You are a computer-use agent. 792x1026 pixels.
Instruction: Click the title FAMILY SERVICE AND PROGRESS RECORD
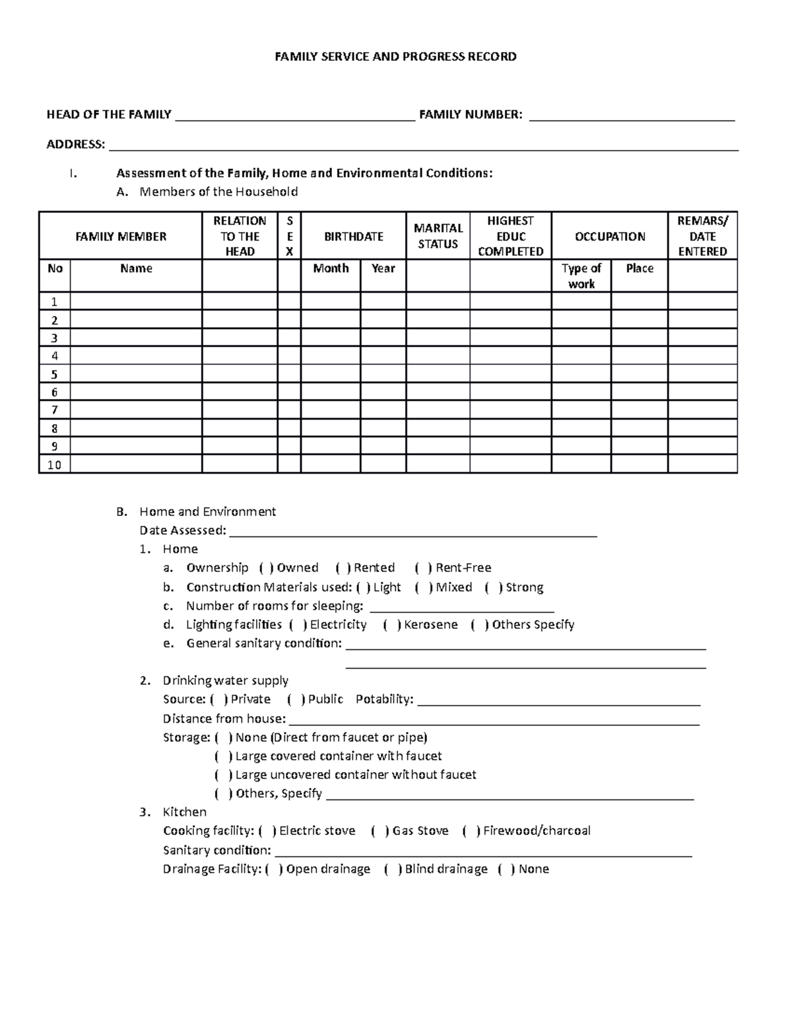pyautogui.click(x=395, y=57)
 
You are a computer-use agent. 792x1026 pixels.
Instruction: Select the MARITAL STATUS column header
pyautogui.click(x=438, y=236)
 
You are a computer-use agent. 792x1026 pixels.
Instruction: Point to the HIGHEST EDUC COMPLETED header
pyautogui.click(x=510, y=236)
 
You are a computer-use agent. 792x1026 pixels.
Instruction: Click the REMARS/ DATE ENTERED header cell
pyautogui.click(x=702, y=236)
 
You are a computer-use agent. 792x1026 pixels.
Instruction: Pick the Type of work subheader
pyautogui.click(x=581, y=275)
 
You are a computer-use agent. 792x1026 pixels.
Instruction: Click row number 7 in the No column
pyautogui.click(x=55, y=410)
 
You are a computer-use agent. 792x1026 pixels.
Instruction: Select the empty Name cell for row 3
pyautogui.click(x=136, y=338)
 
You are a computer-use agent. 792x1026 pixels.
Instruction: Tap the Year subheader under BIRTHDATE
pyautogui.click(x=383, y=268)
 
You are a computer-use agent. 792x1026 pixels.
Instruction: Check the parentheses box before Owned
pyautogui.click(x=265, y=568)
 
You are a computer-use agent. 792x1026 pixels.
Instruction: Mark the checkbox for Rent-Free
pyautogui.click(x=424, y=568)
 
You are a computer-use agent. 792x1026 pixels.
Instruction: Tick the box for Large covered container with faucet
pyautogui.click(x=224, y=756)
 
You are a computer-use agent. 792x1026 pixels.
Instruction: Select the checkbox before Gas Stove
pyautogui.click(x=380, y=831)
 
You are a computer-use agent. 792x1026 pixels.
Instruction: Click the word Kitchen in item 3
pyautogui.click(x=185, y=812)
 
